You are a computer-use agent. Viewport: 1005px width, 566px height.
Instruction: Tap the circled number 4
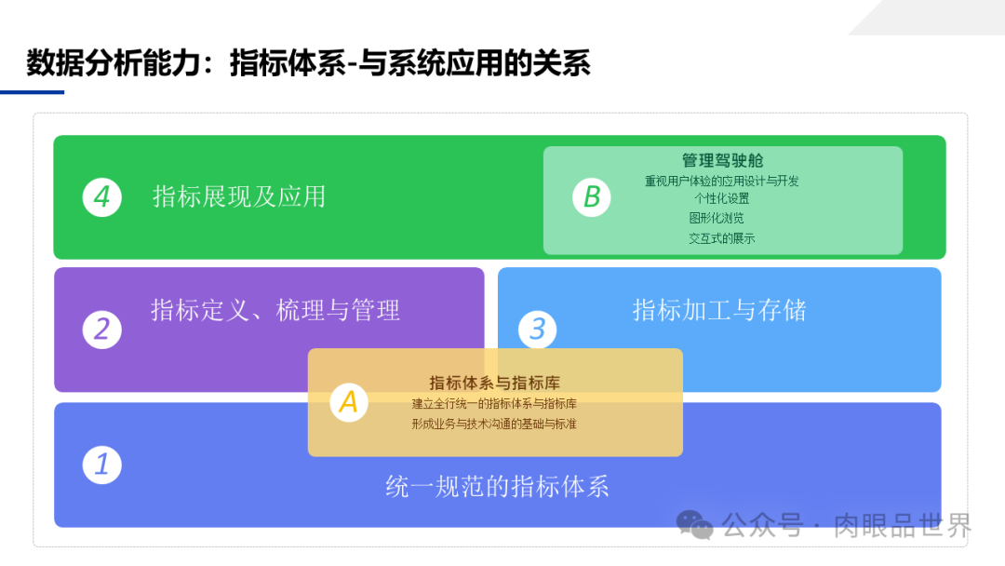coord(101,197)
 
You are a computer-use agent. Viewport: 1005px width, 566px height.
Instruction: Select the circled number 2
coord(101,329)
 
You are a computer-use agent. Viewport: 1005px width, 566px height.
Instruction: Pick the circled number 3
coord(537,329)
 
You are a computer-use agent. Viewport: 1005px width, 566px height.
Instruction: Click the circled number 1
coord(101,464)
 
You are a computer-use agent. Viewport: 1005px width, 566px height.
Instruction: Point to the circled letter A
coord(349,401)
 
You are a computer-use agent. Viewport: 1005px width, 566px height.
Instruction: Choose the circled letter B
coord(592,197)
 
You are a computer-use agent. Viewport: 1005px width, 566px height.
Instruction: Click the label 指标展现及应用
coord(239,196)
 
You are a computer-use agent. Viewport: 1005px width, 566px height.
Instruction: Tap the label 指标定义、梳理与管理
coord(275,310)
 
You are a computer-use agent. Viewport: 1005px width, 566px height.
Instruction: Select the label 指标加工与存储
coord(719,310)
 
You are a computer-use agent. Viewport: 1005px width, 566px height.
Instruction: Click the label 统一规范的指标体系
coord(497,486)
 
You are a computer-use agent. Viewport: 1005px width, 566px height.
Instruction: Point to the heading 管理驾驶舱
coord(722,161)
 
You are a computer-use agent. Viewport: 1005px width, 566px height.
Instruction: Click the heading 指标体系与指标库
coord(494,383)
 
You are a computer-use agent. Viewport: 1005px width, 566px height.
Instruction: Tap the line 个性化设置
coord(721,198)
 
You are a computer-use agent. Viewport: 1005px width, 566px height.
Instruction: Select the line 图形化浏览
coord(717,218)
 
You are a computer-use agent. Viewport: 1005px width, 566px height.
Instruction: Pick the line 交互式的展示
coord(722,238)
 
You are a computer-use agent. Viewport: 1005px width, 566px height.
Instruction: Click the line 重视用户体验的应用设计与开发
coord(722,181)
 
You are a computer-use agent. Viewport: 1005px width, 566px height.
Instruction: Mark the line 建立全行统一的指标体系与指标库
coord(494,404)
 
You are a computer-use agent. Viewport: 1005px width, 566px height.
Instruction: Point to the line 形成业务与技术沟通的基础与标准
coord(494,424)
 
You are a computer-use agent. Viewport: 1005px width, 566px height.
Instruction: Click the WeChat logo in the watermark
coord(695,525)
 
